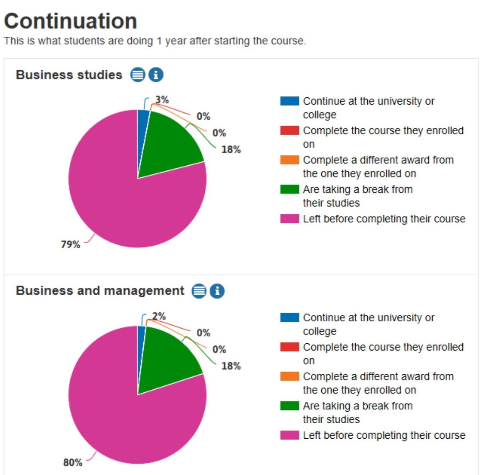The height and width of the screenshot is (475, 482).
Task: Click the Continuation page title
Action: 71,21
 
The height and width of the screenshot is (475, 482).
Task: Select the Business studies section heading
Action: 69,75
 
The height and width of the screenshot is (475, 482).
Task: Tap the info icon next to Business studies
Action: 156,75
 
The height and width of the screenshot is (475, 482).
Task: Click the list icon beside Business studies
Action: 137,75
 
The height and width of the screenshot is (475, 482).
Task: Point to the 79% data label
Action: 70,244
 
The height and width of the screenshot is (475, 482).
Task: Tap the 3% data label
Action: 162,100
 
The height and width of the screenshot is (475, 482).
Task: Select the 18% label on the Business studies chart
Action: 231,149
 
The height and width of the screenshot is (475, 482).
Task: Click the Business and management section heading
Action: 100,290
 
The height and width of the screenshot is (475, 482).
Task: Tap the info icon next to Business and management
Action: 217,291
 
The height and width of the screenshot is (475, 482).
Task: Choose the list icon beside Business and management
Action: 199,291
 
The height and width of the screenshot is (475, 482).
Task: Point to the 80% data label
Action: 73,462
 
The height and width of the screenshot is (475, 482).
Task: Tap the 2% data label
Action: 159,316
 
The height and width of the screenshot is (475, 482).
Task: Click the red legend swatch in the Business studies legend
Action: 289,131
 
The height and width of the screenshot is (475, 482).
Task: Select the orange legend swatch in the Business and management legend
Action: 289,376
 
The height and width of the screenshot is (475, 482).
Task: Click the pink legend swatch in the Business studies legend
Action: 289,219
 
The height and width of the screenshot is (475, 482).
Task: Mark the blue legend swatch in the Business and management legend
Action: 289,317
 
